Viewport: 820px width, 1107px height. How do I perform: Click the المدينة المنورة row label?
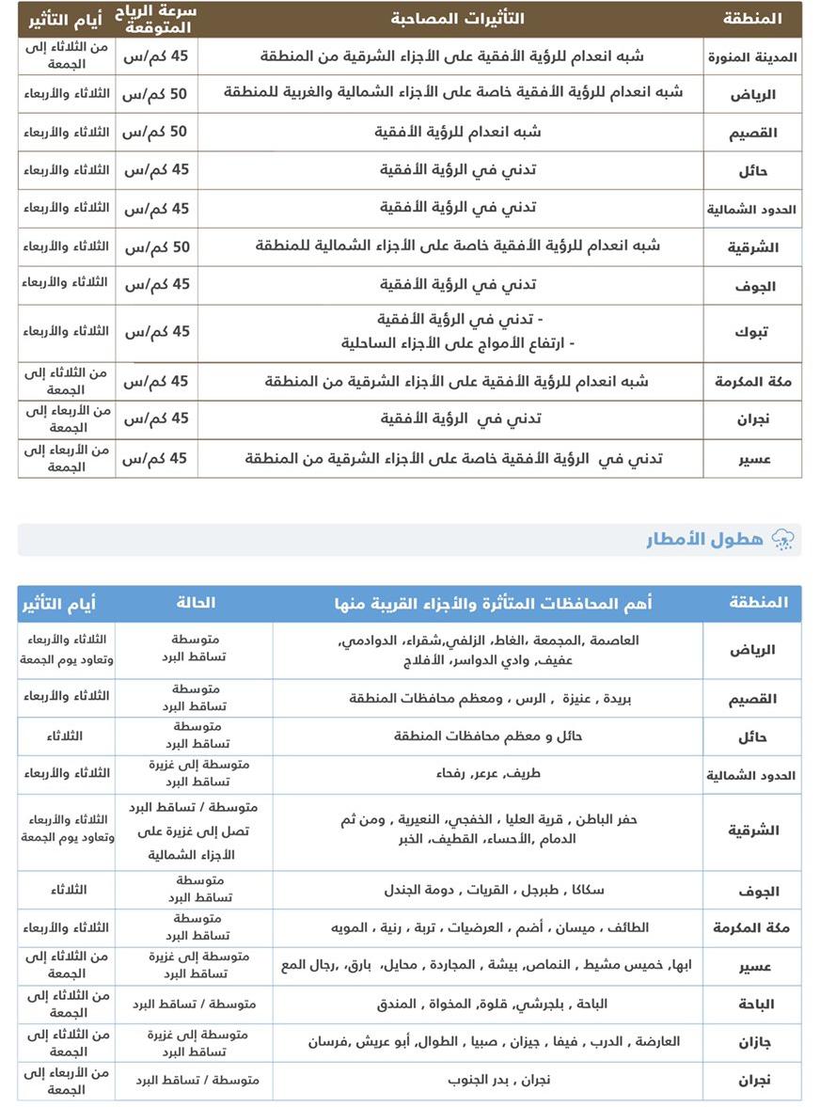752,56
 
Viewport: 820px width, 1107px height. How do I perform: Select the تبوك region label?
752,331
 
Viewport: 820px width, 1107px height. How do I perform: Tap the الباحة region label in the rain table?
752,1004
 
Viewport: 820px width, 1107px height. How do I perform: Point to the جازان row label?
752,1042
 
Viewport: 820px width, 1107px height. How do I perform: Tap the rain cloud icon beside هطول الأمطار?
782,539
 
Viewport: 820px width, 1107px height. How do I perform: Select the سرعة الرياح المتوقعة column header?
156,18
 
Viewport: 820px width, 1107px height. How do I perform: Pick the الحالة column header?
197,603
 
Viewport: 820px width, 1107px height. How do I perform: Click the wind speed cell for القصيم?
156,132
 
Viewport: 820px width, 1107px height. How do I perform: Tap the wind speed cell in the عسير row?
156,458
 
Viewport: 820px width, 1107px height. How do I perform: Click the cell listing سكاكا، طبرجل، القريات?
488,890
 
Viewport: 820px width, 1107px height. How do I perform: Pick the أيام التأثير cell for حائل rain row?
66,735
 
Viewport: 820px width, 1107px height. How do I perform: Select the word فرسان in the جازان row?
330,1042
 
